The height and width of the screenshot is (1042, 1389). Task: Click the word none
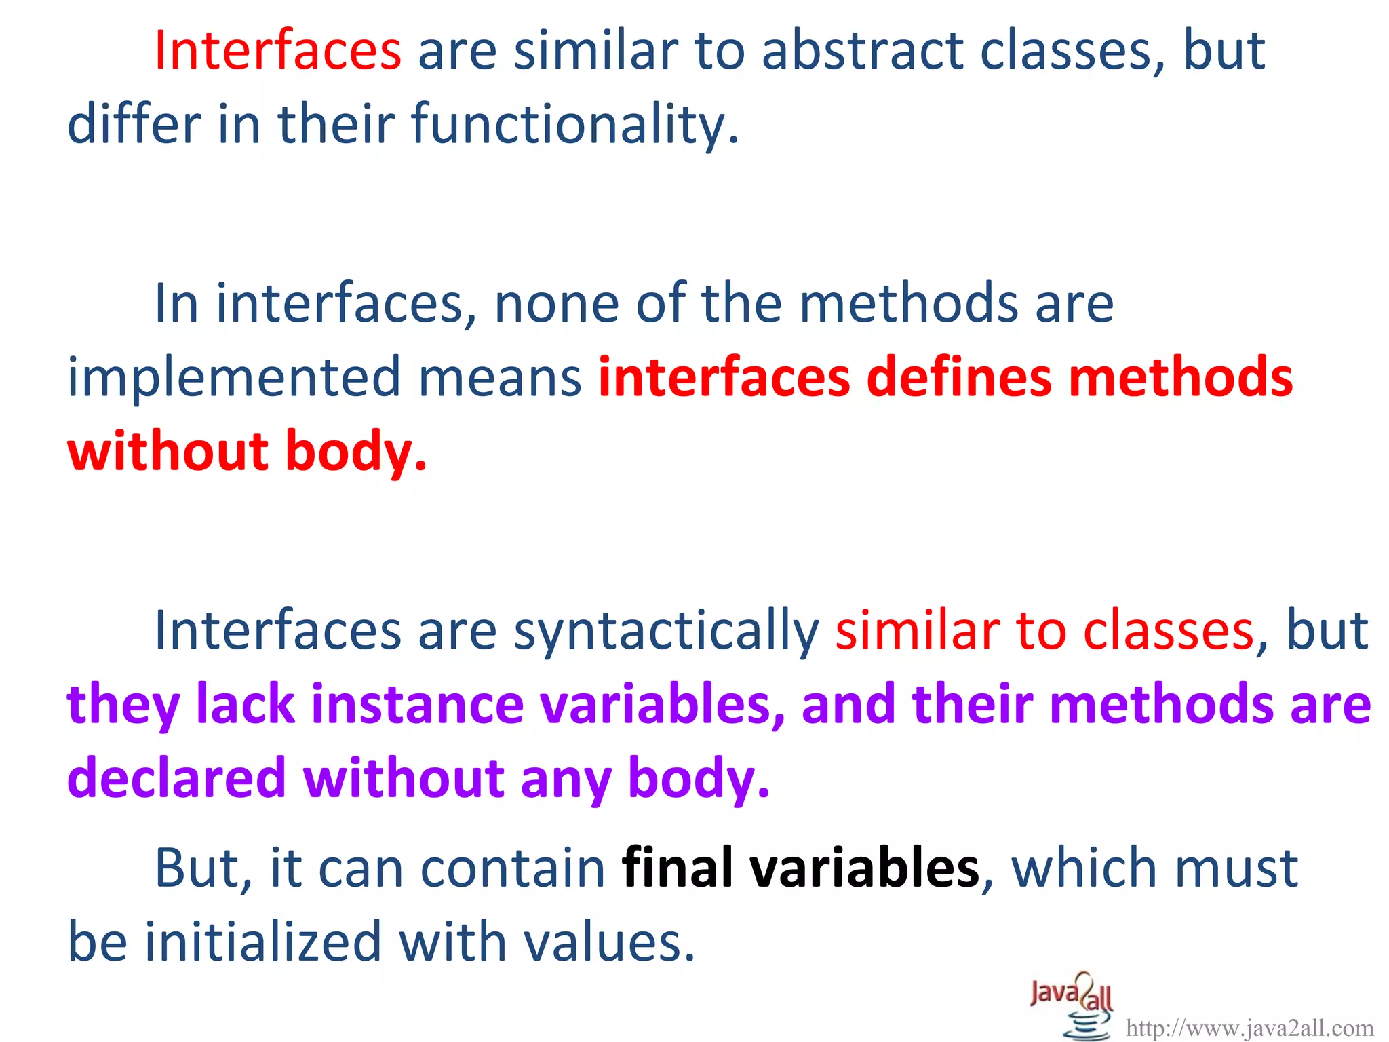[556, 303]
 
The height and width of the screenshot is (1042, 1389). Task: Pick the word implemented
[234, 377]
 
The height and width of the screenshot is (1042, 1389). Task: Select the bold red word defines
[958, 377]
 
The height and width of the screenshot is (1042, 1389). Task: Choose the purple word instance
[417, 705]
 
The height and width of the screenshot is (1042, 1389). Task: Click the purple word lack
[245, 705]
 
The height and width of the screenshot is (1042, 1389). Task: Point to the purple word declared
[176, 778]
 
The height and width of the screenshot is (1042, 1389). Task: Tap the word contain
[512, 868]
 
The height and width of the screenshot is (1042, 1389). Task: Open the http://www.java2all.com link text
[1249, 1028]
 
